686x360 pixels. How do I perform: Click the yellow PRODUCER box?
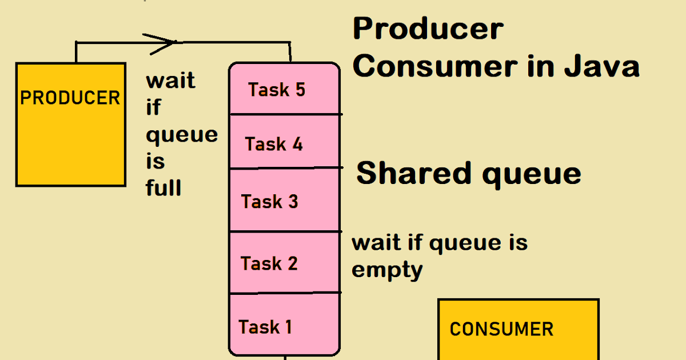click(70, 124)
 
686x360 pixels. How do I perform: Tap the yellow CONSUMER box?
click(518, 329)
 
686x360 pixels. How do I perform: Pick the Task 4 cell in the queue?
click(284, 142)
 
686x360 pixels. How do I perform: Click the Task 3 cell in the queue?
click(284, 201)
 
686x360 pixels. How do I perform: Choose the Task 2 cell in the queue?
click(284, 263)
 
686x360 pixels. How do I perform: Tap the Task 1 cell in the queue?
click(284, 326)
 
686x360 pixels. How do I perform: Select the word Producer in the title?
click(428, 29)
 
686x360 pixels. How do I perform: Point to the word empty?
click(386, 270)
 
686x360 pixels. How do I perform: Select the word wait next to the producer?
click(170, 81)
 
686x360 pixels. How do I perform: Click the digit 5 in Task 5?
click(299, 89)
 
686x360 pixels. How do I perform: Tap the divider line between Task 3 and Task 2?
click(284, 231)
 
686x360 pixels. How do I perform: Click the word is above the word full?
click(155, 162)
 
